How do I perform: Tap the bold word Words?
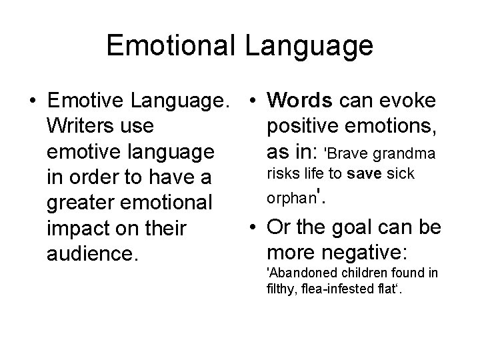(x=299, y=101)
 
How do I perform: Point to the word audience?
(x=91, y=254)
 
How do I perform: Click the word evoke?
(x=411, y=101)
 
